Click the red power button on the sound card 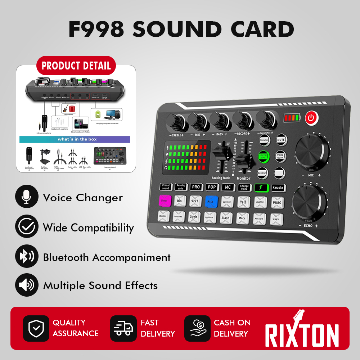(311, 118)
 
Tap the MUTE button (281, 139)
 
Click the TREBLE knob (175, 122)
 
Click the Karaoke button (278, 188)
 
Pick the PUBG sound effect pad (278, 203)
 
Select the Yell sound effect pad (243, 202)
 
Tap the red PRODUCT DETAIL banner (76, 66)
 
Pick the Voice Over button (280, 156)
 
